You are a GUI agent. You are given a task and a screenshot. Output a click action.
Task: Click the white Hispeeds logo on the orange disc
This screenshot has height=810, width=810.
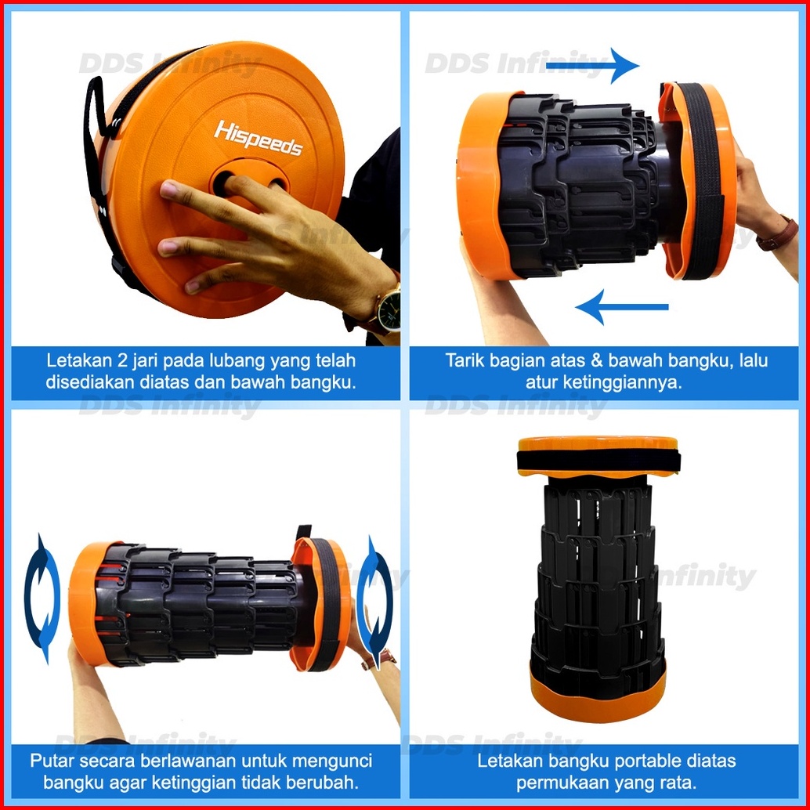pyautogui.click(x=258, y=138)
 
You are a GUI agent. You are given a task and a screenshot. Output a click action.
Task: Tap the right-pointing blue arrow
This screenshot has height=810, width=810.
pyautogui.click(x=592, y=66)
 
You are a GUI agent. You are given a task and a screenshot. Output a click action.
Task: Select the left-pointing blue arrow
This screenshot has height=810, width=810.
pyautogui.click(x=621, y=307)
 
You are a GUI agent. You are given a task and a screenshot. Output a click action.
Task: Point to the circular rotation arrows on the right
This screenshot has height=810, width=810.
pyautogui.click(x=374, y=602)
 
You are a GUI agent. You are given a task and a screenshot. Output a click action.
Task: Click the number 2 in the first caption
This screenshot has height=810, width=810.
pyautogui.click(x=122, y=360)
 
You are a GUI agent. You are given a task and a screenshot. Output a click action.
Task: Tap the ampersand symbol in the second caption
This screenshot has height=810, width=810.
pyautogui.click(x=596, y=360)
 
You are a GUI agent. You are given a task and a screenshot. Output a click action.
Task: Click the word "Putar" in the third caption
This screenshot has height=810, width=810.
pyautogui.click(x=52, y=761)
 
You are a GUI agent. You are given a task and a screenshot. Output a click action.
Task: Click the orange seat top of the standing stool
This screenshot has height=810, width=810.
pyautogui.click(x=598, y=443)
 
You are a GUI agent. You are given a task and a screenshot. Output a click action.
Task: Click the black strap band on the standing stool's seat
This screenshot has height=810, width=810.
pyautogui.click(x=598, y=460)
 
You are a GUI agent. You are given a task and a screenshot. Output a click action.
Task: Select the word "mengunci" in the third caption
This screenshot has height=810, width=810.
pyautogui.click(x=331, y=761)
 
